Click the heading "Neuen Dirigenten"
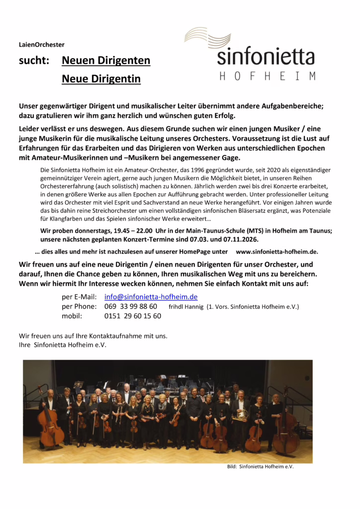[106, 61]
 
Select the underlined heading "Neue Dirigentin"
[101, 79]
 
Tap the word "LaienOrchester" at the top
[42, 45]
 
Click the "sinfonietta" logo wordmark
[266, 57]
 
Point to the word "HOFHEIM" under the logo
[267, 77]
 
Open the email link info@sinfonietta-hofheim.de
[151, 297]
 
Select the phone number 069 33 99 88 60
[131, 306]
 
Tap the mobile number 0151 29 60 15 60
[133, 316]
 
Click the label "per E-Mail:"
[79, 297]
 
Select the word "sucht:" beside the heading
[34, 61]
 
